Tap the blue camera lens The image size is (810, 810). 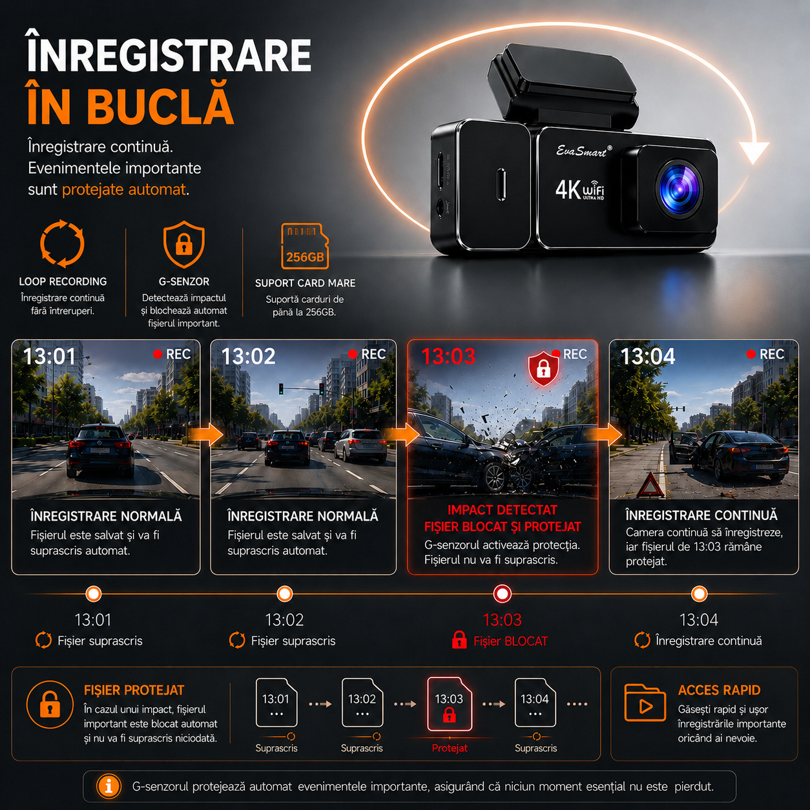pos(678,189)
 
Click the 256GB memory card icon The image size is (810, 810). pos(305,246)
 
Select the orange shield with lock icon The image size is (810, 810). pos(183,244)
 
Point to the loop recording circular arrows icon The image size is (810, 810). pos(62,244)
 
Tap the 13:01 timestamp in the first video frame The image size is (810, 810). pos(50,357)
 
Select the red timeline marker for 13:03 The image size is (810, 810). pos(502,594)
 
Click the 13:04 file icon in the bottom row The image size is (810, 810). pos(535,702)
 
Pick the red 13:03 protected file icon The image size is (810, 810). pos(449,704)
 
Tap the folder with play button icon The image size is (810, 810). pos(645,703)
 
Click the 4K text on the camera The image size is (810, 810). pos(568,189)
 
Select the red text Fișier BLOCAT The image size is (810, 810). pos(510,641)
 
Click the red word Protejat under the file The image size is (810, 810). pos(450,748)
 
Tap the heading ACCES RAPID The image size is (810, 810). pos(719,690)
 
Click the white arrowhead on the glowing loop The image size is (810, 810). pos(754,152)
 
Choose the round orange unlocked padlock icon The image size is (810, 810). pos(50,704)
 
